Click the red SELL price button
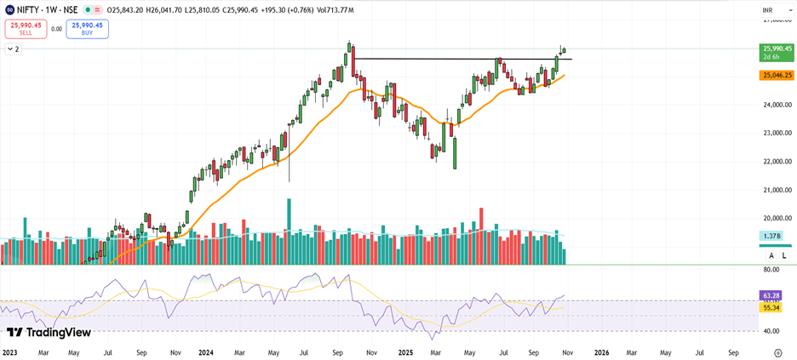pyautogui.click(x=26, y=29)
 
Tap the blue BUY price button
pyautogui.click(x=87, y=29)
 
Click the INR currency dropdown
pyautogui.click(x=767, y=10)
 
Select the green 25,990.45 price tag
pyautogui.click(x=777, y=52)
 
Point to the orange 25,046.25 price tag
pyautogui.click(x=777, y=75)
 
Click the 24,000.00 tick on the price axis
pyautogui.click(x=777, y=106)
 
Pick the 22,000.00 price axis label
pyautogui.click(x=777, y=162)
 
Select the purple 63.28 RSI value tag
pyautogui.click(x=770, y=295)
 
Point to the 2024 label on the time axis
pyautogui.click(x=205, y=351)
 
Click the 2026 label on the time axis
pyautogui.click(x=601, y=351)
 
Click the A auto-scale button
pyautogui.click(x=771, y=255)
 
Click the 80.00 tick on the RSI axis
pyautogui.click(x=771, y=269)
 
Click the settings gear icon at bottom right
pyautogui.click(x=777, y=351)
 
